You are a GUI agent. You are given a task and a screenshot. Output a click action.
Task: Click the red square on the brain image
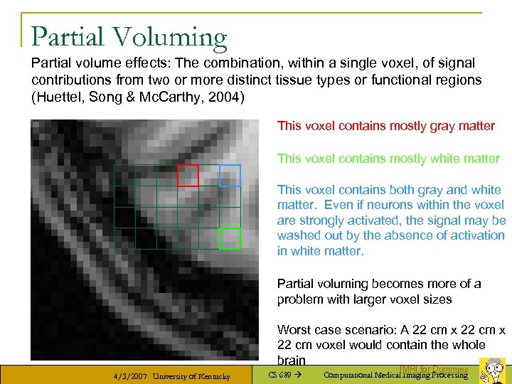tap(188, 175)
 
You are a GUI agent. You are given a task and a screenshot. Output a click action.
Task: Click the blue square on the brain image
tap(230, 175)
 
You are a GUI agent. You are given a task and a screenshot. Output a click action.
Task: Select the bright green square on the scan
tap(230, 238)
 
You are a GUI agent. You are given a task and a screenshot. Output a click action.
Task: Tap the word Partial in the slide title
tap(66, 36)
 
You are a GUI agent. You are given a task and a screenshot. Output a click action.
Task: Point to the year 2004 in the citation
tap(227, 96)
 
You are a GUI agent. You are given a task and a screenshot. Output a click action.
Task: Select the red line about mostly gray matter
tap(385, 126)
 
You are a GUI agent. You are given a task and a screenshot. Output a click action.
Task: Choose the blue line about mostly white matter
tap(388, 159)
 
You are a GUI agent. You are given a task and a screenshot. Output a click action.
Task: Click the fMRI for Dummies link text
tap(433, 369)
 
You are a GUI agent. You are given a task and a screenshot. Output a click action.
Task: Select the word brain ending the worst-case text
tap(292, 361)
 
